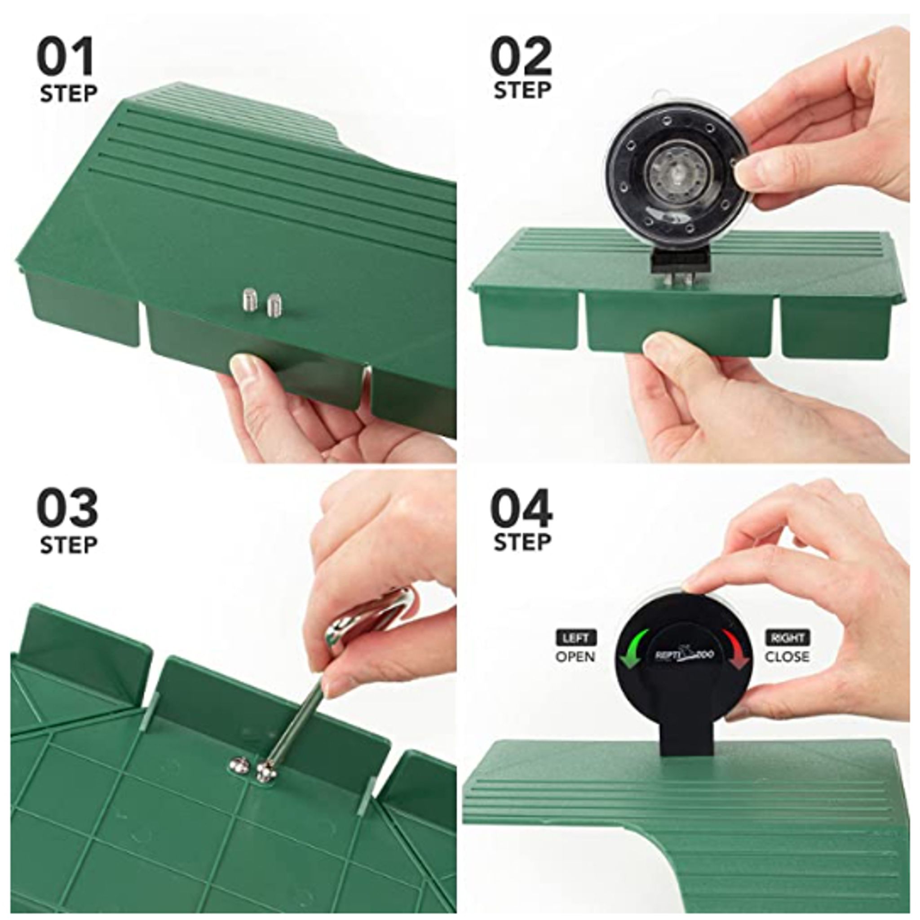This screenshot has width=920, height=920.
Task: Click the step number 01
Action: (66, 57)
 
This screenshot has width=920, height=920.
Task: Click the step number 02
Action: (521, 57)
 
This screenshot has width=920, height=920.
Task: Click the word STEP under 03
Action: (69, 545)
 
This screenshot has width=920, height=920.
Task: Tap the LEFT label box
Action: (575, 637)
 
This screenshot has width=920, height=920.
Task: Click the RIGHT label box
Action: (787, 637)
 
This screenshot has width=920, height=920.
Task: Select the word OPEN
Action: (575, 657)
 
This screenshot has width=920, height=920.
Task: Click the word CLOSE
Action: (787, 657)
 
